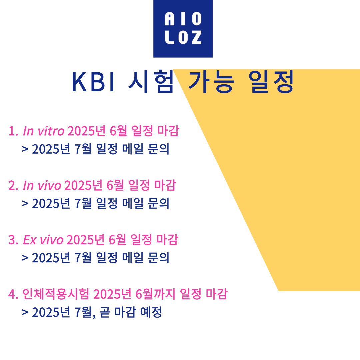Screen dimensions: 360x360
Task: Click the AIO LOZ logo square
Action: [183, 29]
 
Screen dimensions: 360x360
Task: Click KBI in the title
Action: [93, 82]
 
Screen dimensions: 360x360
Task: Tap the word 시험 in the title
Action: [151, 82]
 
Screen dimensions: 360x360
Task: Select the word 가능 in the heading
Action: [211, 82]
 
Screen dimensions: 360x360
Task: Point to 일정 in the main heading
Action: [271, 82]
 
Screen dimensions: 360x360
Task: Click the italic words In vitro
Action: [43, 131]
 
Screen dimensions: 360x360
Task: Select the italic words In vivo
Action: [42, 186]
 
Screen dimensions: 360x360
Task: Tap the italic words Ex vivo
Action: [43, 240]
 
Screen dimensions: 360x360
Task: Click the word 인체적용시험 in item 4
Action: [56, 294]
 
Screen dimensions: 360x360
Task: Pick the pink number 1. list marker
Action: [13, 131]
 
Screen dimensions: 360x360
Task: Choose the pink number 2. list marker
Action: [13, 186]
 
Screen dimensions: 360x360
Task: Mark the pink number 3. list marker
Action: [13, 240]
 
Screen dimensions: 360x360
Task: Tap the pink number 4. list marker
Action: [13, 294]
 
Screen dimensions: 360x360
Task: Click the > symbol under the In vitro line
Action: [25, 149]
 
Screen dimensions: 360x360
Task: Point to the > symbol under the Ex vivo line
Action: [25, 258]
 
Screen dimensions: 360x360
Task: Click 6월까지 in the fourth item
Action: [155, 294]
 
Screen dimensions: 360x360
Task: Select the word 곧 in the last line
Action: [105, 312]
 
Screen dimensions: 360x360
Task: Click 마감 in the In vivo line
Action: [165, 185]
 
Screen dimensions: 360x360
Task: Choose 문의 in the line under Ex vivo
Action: [158, 258]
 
